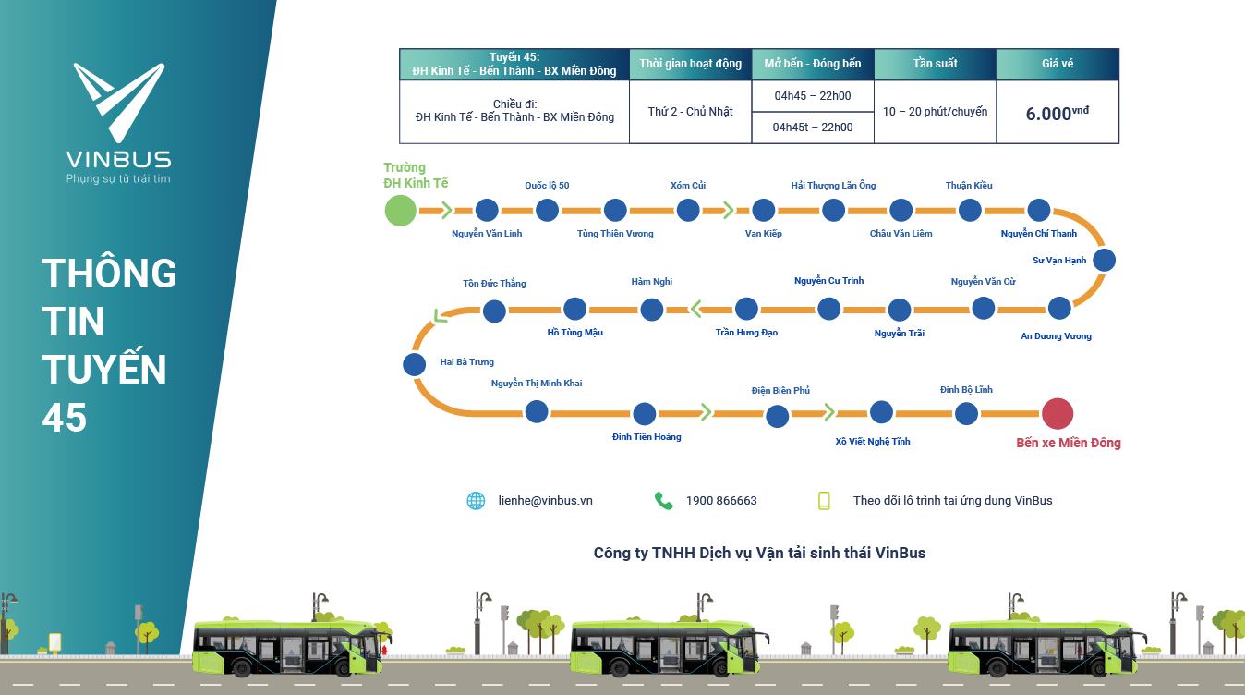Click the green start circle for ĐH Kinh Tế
[x=400, y=210]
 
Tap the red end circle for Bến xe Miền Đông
[x=1058, y=413]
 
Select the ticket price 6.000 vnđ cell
[x=1058, y=113]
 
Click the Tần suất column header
[x=935, y=64]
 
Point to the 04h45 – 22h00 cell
[x=813, y=95]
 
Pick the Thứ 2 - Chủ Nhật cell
[x=690, y=112]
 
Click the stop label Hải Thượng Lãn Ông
[x=833, y=186]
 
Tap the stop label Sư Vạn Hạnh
[x=1059, y=261]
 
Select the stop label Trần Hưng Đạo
[x=746, y=333]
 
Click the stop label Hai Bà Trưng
[x=466, y=362]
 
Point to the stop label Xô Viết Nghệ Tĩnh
[x=873, y=442]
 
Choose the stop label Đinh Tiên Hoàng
[x=647, y=437]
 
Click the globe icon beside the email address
[x=476, y=501]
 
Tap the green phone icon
[x=663, y=501]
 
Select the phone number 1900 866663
[x=721, y=501]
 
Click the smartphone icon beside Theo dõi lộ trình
[x=824, y=501]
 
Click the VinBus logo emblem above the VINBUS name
[x=118, y=103]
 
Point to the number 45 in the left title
[x=65, y=418]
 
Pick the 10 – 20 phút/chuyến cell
[x=935, y=112]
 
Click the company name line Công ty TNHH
[x=759, y=553]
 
